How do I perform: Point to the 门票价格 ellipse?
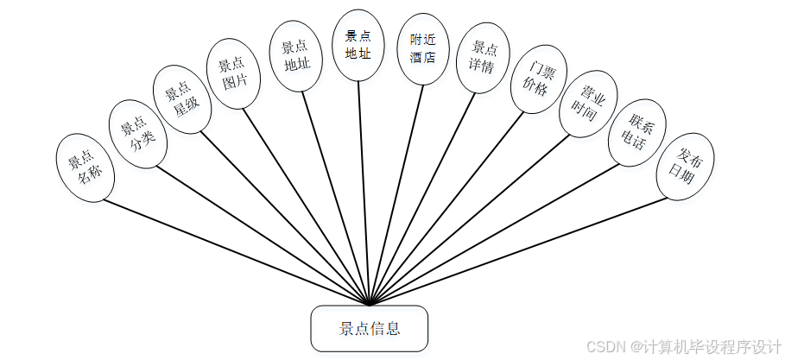pos(535,79)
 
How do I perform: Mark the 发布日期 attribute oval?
pos(687,167)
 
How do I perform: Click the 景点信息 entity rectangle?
pos(369,328)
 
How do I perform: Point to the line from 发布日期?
pos(518,251)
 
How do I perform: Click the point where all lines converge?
pos(370,305)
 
